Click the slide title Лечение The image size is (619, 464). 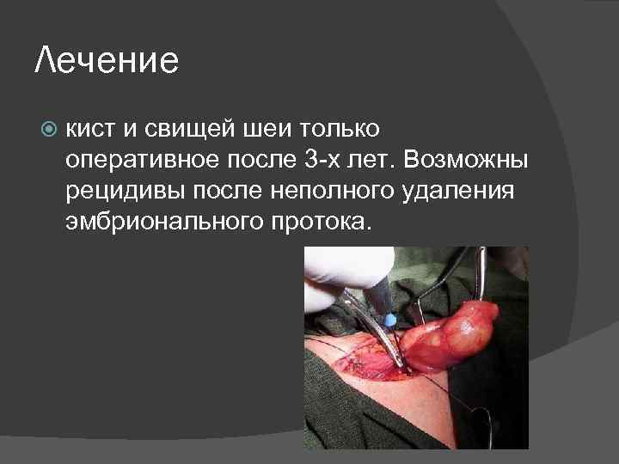[107, 62]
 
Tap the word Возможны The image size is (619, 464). [468, 161]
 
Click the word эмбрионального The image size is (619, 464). [154, 221]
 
